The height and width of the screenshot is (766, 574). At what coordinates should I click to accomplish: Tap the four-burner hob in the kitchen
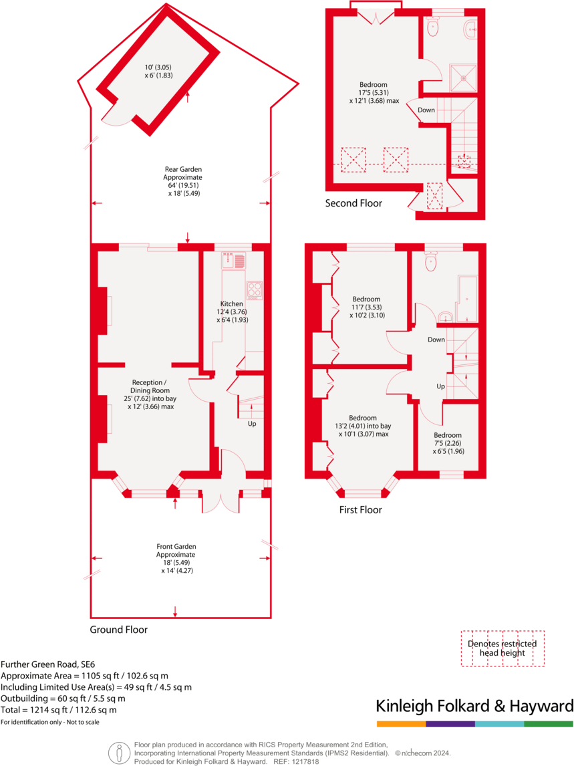point(255,289)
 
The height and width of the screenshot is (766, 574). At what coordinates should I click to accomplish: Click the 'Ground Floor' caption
point(119,630)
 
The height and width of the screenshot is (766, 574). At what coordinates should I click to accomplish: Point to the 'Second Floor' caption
point(353,203)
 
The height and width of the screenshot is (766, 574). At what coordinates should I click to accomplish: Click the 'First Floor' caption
point(360,510)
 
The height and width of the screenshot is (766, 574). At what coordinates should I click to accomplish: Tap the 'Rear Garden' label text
point(183,170)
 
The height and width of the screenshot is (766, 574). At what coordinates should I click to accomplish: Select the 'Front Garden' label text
point(176,546)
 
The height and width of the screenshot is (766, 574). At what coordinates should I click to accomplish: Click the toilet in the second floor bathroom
point(432,27)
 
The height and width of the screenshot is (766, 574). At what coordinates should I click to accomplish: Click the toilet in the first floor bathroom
point(431,261)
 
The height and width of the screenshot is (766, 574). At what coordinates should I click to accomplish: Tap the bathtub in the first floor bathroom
point(467,297)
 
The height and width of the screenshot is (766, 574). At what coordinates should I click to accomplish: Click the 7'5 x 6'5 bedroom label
point(448,435)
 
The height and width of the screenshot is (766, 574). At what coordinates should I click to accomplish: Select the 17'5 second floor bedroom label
point(373,85)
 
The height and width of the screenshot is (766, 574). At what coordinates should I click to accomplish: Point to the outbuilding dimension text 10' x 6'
point(158,68)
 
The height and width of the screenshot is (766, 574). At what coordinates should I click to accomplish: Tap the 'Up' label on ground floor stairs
point(251,424)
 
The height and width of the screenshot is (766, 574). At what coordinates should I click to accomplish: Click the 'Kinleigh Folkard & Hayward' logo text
point(474,706)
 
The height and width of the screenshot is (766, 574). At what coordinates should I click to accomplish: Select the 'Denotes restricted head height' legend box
point(502,648)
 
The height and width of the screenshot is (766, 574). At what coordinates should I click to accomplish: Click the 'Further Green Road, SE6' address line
point(48,664)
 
